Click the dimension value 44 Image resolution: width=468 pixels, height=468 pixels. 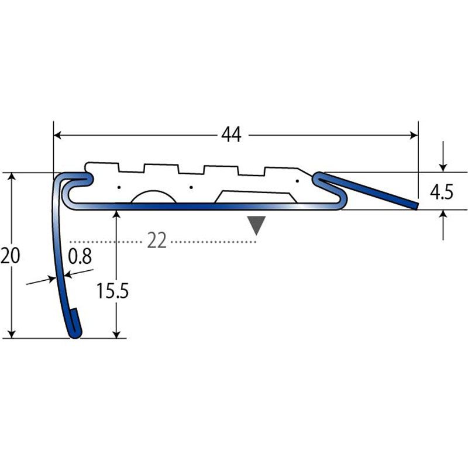click(x=231, y=135)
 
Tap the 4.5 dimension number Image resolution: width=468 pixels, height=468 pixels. click(x=442, y=192)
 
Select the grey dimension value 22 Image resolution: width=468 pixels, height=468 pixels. click(x=157, y=240)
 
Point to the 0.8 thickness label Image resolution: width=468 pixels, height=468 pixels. click(x=80, y=256)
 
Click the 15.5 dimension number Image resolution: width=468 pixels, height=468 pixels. click(x=112, y=291)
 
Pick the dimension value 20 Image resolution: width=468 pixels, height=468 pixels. click(x=10, y=256)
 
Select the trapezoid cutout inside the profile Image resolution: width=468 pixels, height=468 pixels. click(x=256, y=197)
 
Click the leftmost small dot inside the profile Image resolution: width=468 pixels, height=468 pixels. click(x=119, y=187)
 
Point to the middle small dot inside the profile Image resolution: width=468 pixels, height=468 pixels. click(x=191, y=187)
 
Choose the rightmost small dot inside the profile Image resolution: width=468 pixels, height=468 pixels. click(x=297, y=181)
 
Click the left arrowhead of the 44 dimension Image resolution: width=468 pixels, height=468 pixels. click(x=57, y=135)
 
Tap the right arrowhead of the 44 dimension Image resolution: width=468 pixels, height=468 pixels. click(x=414, y=135)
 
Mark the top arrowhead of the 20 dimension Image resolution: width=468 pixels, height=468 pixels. click(x=11, y=177)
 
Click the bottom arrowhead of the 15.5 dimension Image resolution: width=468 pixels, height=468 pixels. click(x=117, y=334)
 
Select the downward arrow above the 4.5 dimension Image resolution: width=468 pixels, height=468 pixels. click(x=443, y=156)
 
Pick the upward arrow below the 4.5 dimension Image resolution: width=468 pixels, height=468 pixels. click(x=443, y=225)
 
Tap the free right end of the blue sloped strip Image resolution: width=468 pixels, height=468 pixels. click(x=416, y=206)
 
